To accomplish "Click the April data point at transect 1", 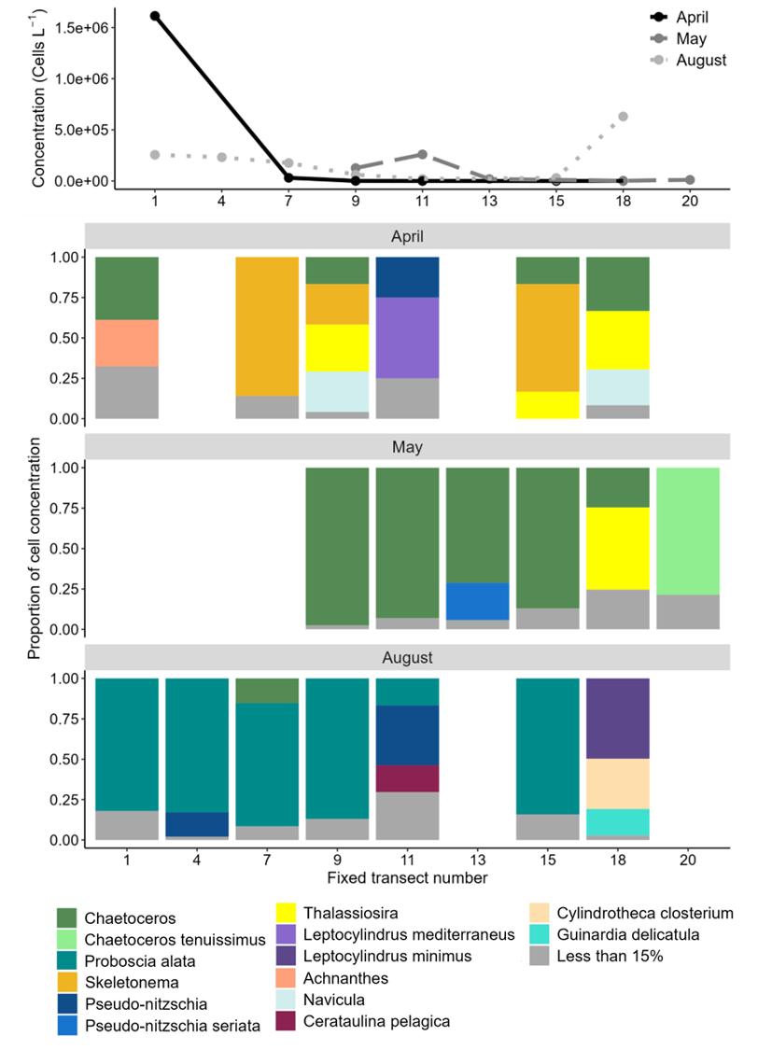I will [x=128, y=16].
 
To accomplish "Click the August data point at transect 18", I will [x=623, y=117].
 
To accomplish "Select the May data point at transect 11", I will [x=422, y=154].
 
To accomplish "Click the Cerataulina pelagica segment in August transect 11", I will [x=407, y=778].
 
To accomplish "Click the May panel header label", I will [x=407, y=447].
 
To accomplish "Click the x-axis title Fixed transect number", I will [x=407, y=877].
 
